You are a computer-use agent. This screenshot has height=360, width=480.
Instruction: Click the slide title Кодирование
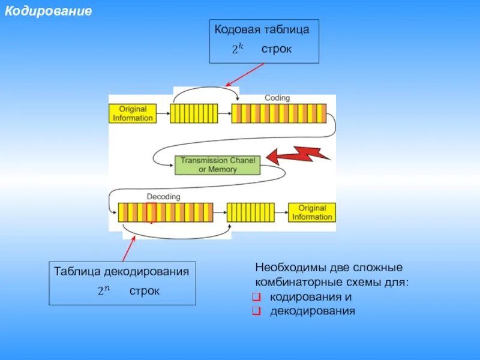[x=49, y=11]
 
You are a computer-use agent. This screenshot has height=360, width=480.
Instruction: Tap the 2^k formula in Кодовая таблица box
[x=238, y=49]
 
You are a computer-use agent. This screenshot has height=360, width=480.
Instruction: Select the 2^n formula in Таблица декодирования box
[x=104, y=292]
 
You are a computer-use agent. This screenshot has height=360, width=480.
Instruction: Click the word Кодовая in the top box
[x=235, y=29]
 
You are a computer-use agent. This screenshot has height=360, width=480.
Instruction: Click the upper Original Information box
[x=133, y=113]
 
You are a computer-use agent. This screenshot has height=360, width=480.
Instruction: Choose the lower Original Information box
[x=311, y=212]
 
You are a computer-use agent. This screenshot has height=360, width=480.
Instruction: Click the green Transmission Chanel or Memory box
[x=217, y=165]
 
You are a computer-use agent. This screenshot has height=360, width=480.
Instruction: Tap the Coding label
[x=277, y=98]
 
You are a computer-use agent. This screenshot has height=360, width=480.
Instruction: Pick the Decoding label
[x=163, y=196]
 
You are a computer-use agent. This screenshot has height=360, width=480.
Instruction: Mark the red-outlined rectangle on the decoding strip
[x=151, y=212]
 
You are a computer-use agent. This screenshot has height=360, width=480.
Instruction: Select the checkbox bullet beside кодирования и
[x=256, y=298]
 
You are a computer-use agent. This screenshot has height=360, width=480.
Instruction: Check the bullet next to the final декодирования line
[x=256, y=311]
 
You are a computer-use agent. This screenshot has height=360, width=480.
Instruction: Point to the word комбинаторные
[x=292, y=282]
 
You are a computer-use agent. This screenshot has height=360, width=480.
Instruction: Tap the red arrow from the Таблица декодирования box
[x=129, y=248]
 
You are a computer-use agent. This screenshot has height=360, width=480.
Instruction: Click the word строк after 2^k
[x=276, y=49]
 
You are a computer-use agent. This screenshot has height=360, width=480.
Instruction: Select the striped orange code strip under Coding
[x=279, y=113]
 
